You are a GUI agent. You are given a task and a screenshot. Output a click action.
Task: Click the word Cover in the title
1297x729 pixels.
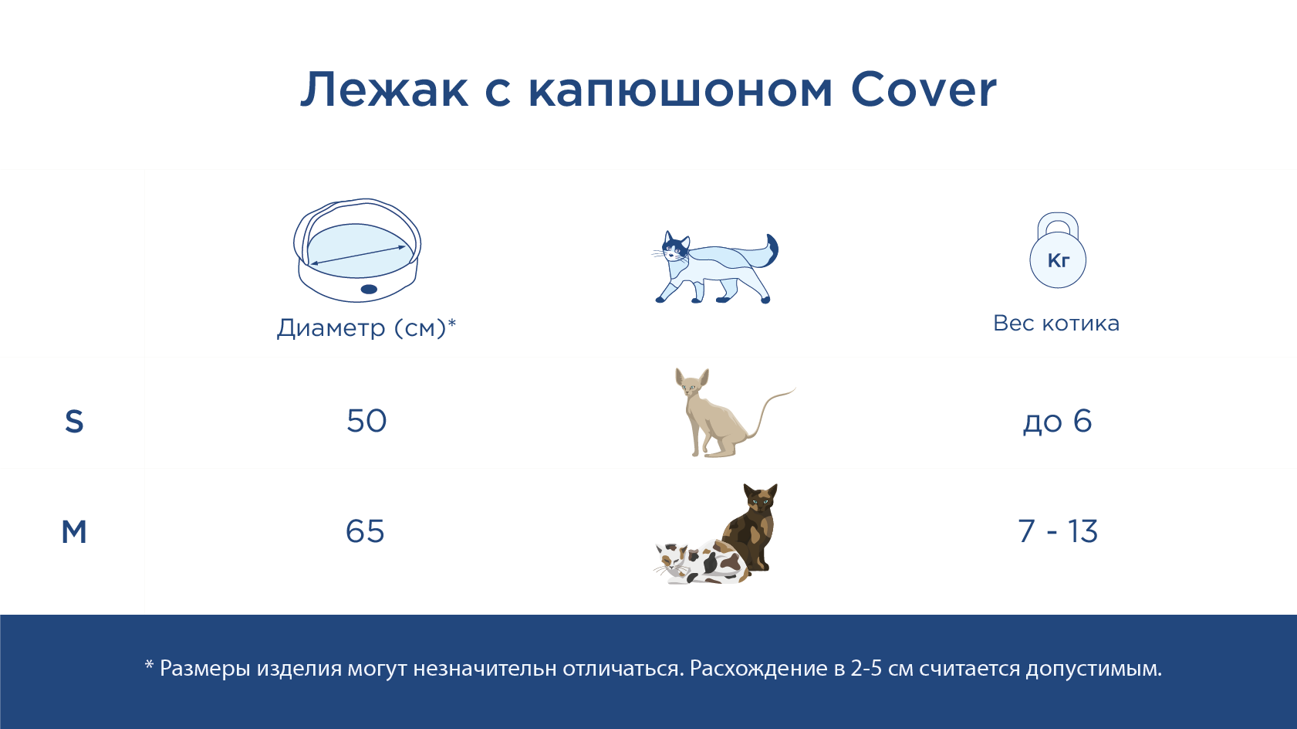[x=924, y=90]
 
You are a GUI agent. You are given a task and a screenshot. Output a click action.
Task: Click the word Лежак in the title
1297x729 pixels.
[x=384, y=90]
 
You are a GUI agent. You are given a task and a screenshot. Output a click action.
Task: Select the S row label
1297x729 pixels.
[x=74, y=422]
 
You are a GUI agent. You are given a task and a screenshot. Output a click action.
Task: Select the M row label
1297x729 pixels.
[x=74, y=531]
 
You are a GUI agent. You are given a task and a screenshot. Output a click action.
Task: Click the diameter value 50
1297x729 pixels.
[x=366, y=421]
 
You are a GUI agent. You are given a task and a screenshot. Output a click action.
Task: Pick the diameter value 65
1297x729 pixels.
[x=366, y=531]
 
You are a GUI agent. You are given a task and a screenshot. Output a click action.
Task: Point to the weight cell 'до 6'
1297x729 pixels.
[x=1057, y=422]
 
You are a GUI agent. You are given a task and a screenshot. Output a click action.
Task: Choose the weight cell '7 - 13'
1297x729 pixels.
[x=1058, y=531]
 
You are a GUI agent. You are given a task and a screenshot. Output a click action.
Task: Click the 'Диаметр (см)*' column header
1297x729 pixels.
[x=366, y=328]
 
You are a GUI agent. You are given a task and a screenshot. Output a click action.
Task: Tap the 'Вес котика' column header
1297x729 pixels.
[x=1057, y=324]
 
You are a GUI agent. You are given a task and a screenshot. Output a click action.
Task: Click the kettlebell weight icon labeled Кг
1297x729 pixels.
[x=1058, y=250]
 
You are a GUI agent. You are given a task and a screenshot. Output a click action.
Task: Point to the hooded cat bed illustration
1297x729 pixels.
[x=357, y=250]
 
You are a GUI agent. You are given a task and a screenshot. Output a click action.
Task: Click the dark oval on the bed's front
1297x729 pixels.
[x=369, y=289]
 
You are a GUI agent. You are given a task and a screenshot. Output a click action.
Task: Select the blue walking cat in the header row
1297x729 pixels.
[x=716, y=267]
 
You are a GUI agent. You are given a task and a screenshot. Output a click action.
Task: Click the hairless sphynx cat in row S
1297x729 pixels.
[x=731, y=412]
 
